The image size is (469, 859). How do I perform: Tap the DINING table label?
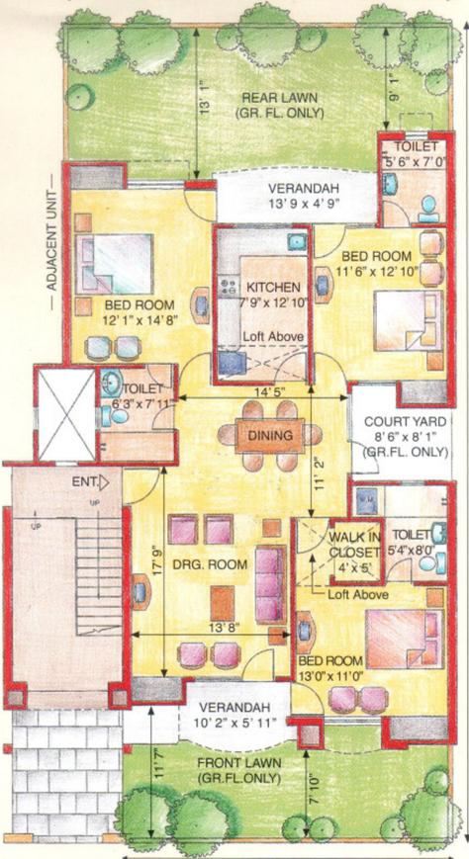tap(269, 436)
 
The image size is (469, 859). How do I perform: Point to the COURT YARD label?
tap(406, 422)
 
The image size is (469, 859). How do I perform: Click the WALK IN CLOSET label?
tap(354, 544)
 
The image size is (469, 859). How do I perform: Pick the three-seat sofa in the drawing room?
tap(270, 584)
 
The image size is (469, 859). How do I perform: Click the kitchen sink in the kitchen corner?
tap(298, 241)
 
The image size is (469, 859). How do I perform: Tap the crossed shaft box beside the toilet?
tap(66, 415)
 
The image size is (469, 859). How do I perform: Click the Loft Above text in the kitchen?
tap(274, 337)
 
